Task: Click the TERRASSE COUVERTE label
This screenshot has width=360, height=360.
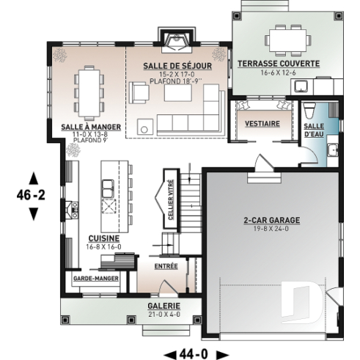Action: pyautogui.click(x=278, y=65)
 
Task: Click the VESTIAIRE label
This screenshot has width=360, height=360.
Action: pyautogui.click(x=262, y=124)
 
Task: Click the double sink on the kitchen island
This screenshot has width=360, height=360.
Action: pyautogui.click(x=108, y=188)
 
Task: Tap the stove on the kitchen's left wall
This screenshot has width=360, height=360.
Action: pyautogui.click(x=71, y=211)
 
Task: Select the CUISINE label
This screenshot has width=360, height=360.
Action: pyautogui.click(x=100, y=238)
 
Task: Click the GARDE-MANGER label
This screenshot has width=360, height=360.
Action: pyautogui.click(x=95, y=279)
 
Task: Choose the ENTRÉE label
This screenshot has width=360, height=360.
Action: pyautogui.click(x=166, y=267)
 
